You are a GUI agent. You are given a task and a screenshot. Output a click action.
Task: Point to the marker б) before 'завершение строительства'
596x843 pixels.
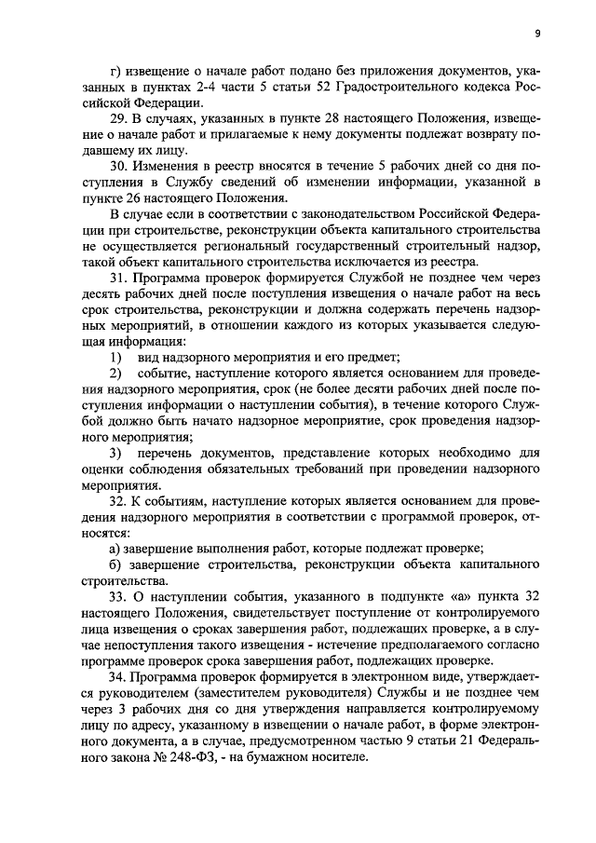(115, 566)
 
